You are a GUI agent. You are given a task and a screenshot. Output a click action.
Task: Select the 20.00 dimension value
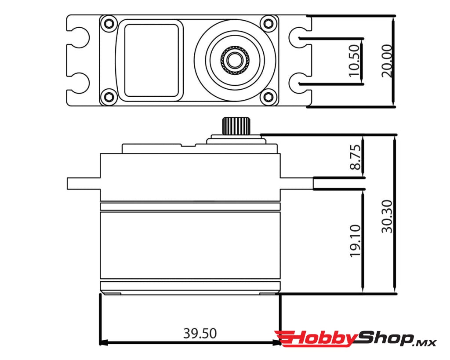tap(387, 61)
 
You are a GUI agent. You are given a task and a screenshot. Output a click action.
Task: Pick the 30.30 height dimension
tap(387, 216)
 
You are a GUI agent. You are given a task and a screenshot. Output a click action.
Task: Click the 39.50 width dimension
tap(200, 334)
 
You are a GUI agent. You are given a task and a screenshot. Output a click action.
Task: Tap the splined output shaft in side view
tap(236, 126)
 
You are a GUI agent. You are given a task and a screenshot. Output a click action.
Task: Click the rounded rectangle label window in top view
tap(151, 60)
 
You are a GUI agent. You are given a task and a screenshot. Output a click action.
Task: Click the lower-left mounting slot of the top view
tap(79, 82)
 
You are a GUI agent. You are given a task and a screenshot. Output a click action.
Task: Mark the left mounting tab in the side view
tap(83, 183)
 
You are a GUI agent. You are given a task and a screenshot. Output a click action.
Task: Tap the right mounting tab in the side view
tap(297, 183)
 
